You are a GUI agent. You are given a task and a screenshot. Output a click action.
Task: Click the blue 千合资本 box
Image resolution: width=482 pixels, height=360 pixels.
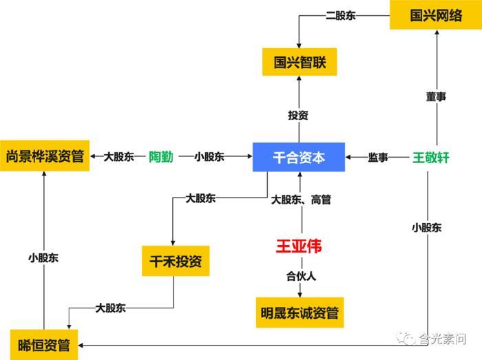click(x=299, y=158)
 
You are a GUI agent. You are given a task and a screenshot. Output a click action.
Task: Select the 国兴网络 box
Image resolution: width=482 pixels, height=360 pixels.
click(x=436, y=14)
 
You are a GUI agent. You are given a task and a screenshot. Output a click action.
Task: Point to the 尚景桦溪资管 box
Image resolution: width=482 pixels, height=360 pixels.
click(x=45, y=157)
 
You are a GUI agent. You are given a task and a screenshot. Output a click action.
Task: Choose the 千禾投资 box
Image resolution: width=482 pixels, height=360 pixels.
click(x=175, y=262)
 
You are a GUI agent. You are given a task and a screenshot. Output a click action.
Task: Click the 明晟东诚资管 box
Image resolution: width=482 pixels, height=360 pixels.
click(x=299, y=312)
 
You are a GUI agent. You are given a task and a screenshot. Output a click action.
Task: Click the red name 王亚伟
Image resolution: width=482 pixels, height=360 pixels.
click(x=299, y=246)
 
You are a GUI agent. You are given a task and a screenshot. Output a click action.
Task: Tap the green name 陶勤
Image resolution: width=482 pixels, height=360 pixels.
click(x=161, y=157)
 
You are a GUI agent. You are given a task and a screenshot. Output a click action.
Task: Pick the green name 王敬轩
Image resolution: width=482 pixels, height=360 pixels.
click(x=430, y=158)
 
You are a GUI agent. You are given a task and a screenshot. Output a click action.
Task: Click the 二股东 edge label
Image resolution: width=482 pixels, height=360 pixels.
click(x=340, y=15)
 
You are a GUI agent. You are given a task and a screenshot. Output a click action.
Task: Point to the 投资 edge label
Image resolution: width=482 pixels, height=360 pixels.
click(x=299, y=115)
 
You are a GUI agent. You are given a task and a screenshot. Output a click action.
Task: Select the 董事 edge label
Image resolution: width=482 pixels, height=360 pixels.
click(x=436, y=97)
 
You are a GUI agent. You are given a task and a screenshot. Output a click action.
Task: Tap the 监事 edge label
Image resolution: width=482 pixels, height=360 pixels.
click(x=378, y=158)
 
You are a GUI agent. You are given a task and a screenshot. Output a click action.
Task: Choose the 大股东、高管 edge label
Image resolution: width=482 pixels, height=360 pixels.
click(x=301, y=200)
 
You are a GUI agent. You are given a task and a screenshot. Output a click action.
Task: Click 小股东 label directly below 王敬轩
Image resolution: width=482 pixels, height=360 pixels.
click(x=427, y=226)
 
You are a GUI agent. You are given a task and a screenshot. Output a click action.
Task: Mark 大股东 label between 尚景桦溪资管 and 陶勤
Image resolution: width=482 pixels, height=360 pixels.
click(x=118, y=157)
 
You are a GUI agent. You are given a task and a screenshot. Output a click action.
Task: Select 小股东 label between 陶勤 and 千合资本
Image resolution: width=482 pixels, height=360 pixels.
click(x=209, y=157)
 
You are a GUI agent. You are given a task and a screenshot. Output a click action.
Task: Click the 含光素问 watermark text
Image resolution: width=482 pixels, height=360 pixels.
click(x=443, y=338)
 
